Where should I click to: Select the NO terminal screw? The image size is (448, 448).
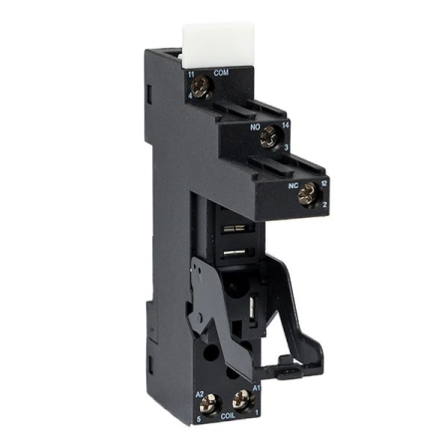pyautogui.click(x=266, y=140)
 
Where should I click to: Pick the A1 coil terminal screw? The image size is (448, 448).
pyautogui.click(x=238, y=402)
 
